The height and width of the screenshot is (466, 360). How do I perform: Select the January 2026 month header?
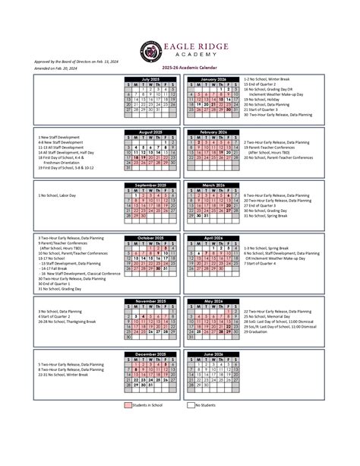(x=213, y=78)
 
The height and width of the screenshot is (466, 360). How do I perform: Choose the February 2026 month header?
(x=213, y=132)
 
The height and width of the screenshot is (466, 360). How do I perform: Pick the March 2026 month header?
(x=213, y=185)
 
